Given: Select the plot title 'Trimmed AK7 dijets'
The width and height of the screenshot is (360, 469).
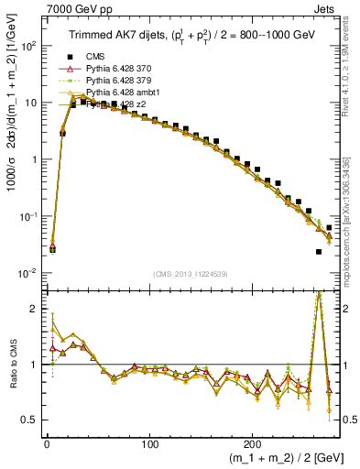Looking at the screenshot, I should coord(107,36).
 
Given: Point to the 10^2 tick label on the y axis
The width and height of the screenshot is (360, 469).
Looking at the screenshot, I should coord(27,45).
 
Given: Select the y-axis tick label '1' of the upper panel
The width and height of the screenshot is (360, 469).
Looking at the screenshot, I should coord(33,159).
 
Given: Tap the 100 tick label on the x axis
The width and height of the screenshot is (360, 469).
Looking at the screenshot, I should coord(150,438).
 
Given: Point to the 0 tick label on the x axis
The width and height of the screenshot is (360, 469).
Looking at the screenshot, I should coord(47,438).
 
